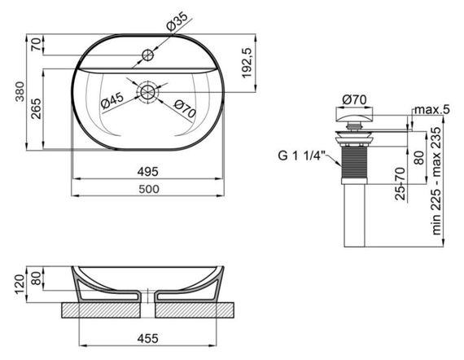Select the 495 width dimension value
coord(147,172)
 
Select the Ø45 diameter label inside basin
coord(112,100)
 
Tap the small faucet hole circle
coord(147,55)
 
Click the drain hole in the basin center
coord(147,92)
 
